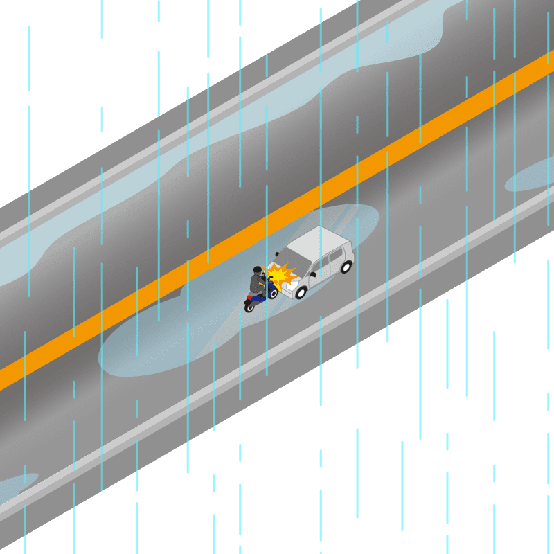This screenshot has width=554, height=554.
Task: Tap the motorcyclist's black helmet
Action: [258, 269]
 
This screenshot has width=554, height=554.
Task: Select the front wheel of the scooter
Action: [273, 293]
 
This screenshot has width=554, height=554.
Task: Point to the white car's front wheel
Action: [301, 292]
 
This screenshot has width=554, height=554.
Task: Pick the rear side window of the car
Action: [337, 256]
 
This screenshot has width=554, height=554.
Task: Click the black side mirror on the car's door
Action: [312, 274]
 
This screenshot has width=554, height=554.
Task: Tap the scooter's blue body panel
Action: [260, 298]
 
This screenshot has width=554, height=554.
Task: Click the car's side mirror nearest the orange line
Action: [277, 253]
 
